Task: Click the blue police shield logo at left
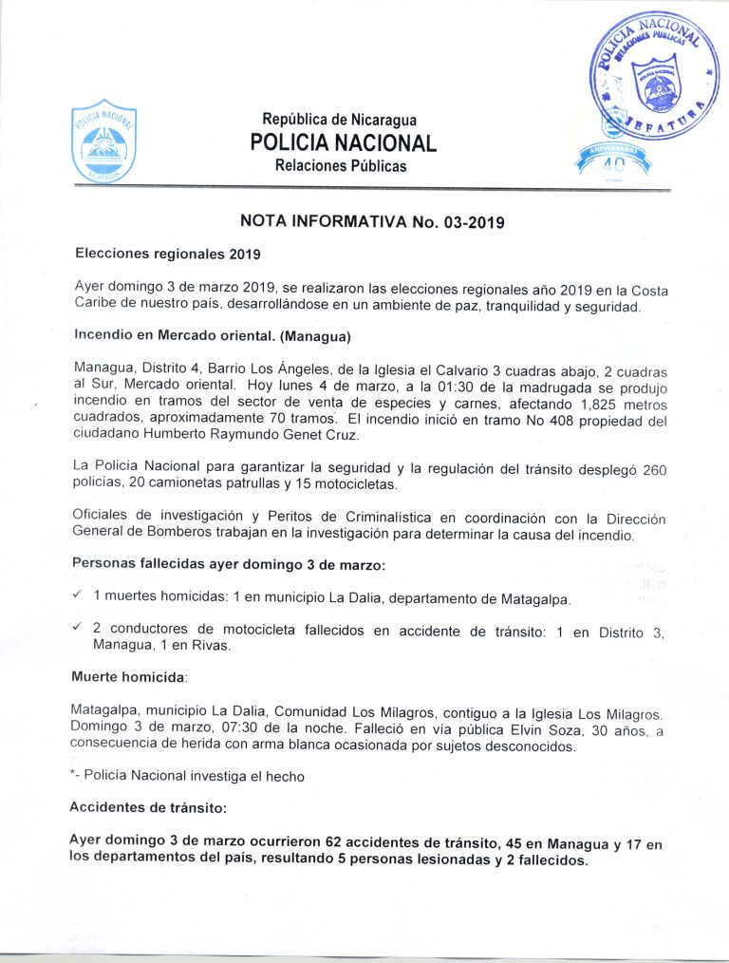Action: click(x=104, y=143)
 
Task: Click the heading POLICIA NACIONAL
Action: click(x=343, y=143)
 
